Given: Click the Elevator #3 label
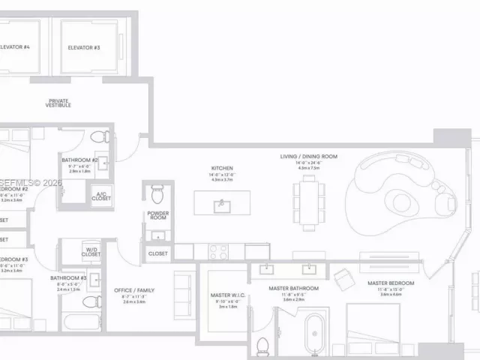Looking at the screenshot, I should coord(84,47).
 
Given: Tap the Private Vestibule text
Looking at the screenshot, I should coord(59,103).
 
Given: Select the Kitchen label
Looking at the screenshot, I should coord(222,169).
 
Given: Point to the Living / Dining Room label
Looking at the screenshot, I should coord(309,157).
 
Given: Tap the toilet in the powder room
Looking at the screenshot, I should coord(157,195).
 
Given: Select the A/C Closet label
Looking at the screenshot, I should coord(101,196).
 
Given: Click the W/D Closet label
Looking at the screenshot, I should coord(91,252).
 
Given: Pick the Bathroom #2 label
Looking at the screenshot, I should coord(79,160).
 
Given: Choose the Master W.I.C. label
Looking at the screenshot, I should coord(227,295).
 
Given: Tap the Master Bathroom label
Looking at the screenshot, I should coord(294,289).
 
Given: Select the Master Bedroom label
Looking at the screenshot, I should coord(391,283).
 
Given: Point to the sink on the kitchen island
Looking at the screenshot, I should coord(220,205).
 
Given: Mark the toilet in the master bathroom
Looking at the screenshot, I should coord(262,347).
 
